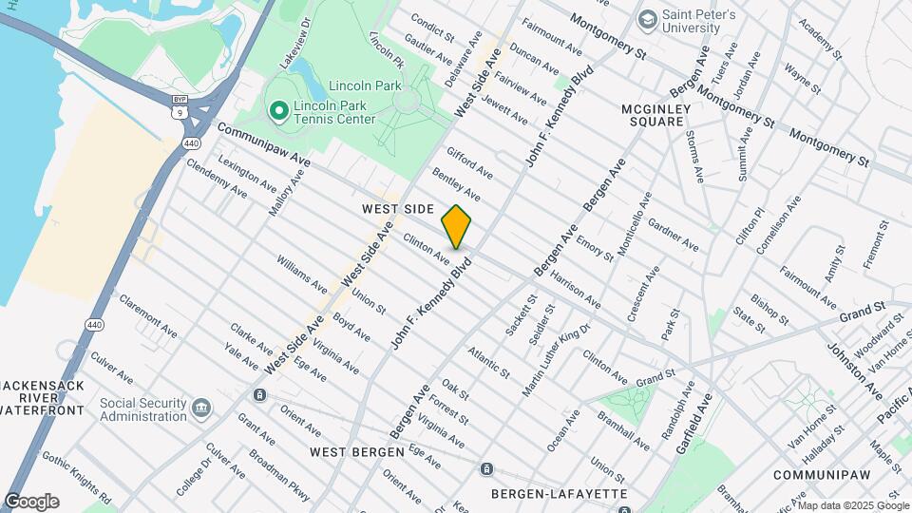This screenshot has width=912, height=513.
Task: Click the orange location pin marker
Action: (456, 226)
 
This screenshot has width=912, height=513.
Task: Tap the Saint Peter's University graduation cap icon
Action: (647, 19)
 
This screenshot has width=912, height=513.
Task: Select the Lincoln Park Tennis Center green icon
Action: (278, 112)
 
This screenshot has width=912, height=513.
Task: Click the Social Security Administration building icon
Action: (201, 409)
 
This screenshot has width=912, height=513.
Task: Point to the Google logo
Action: (31, 502)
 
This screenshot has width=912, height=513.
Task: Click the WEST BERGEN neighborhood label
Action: (357, 451)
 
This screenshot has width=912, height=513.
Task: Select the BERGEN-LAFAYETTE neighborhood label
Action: (559, 494)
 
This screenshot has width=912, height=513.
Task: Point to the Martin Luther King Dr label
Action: (557, 359)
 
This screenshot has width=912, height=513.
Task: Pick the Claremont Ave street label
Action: (147, 315)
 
